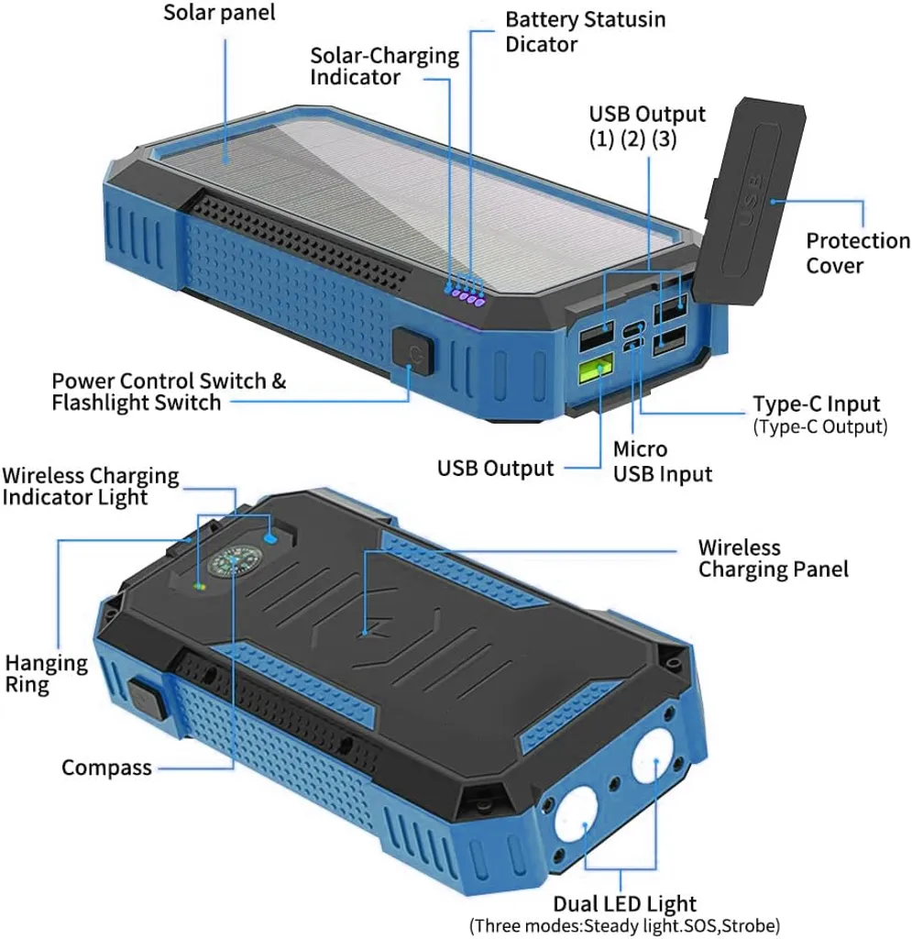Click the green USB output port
tap(596, 369)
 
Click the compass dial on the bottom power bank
tap(229, 562)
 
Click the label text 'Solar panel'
tap(220, 12)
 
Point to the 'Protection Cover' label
tap(858, 253)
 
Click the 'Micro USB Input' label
tap(663, 461)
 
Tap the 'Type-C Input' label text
tap(817, 403)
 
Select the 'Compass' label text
tap(106, 768)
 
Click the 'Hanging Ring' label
tap(46, 674)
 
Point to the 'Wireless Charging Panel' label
tap(774, 558)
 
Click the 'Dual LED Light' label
tap(625, 903)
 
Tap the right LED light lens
tap(656, 756)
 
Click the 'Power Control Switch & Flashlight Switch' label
tap(169, 392)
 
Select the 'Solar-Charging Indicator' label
tap(384, 66)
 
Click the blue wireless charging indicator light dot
tap(270, 538)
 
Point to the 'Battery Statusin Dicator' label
tap(586, 32)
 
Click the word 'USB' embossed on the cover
tap(751, 199)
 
